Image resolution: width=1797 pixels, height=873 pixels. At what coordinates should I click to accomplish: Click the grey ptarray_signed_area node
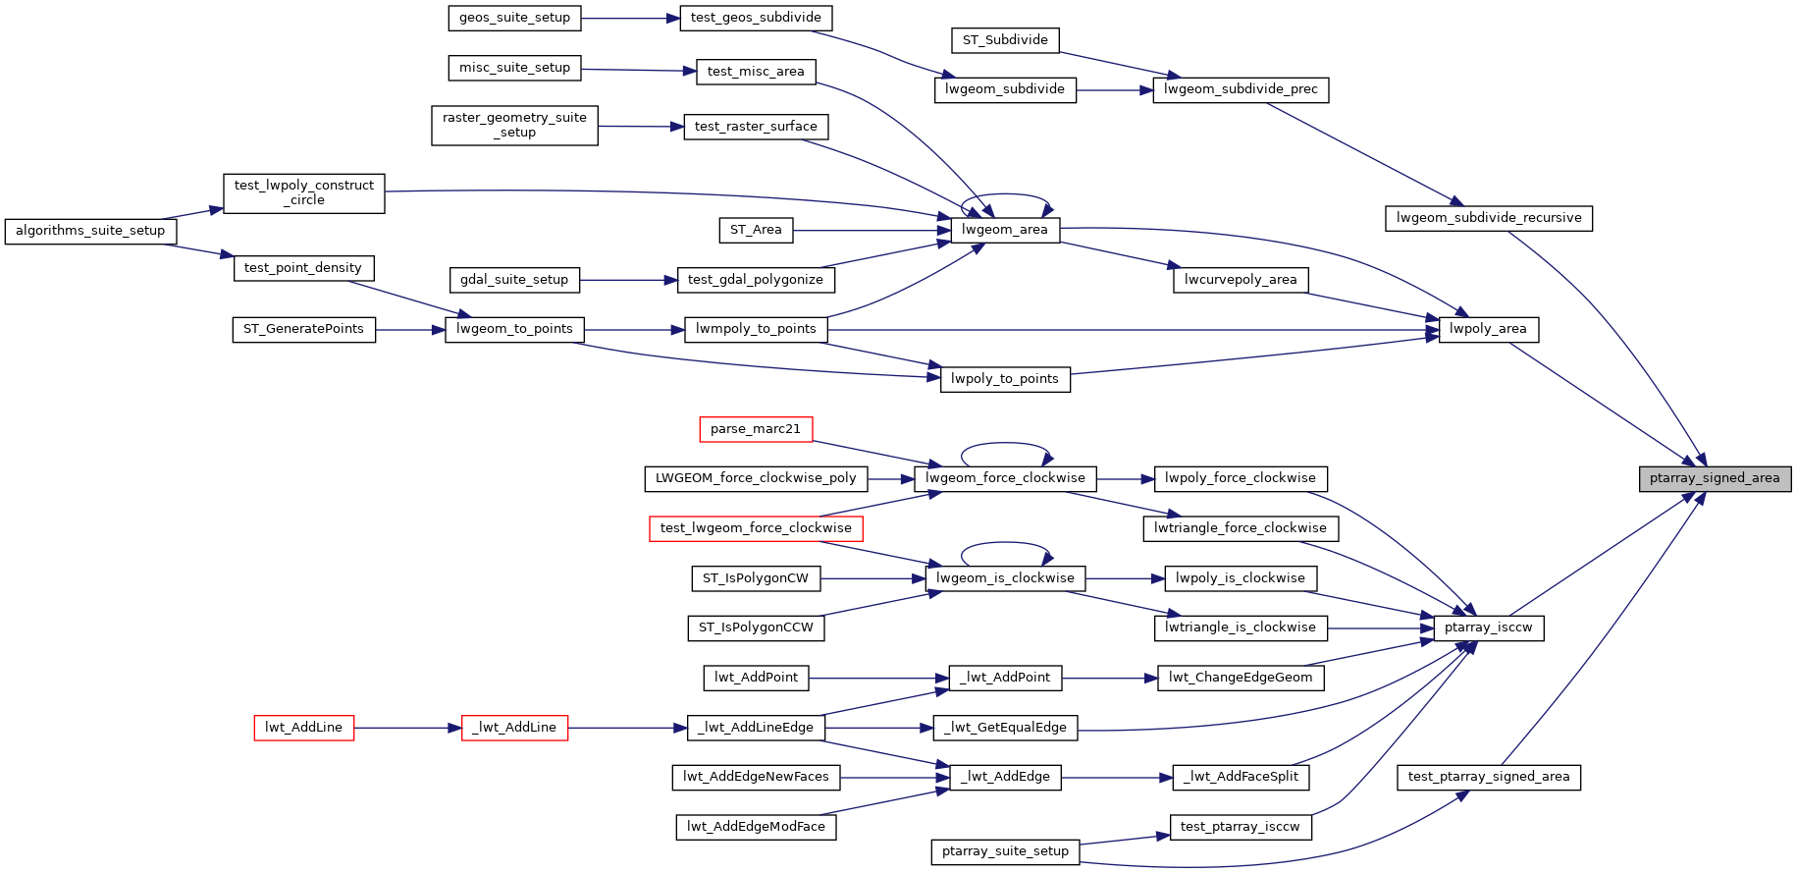1714,479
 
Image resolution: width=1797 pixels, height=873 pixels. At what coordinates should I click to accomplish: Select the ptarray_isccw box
1488,628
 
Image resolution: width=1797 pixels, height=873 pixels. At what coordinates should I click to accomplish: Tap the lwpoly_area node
1488,330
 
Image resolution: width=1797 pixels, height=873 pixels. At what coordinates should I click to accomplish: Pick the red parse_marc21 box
756,429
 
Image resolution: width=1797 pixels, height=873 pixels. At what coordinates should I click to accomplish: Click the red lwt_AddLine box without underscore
303,728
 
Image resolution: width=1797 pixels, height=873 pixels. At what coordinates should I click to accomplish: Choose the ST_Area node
756,231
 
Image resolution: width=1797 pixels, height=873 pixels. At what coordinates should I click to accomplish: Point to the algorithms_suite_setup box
90,231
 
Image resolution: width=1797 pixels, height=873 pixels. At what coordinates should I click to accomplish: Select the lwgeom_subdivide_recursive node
1488,218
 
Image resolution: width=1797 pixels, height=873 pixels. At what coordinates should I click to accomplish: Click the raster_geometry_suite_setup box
514,126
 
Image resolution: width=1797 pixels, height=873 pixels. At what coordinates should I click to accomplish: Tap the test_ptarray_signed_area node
1488,778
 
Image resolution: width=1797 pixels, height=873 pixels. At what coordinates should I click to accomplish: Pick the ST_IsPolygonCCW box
756,628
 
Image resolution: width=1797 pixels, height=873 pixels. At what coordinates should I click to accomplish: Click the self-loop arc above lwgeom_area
1005,195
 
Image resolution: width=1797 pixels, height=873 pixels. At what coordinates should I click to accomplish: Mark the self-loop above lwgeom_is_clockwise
1005,543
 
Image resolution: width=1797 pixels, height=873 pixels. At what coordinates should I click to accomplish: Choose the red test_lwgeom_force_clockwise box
756,528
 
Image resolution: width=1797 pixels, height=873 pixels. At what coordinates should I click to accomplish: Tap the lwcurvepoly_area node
1240,280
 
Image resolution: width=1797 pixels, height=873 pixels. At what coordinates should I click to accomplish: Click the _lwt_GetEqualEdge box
1005,728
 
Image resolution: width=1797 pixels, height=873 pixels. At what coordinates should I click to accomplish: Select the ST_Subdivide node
1005,40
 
